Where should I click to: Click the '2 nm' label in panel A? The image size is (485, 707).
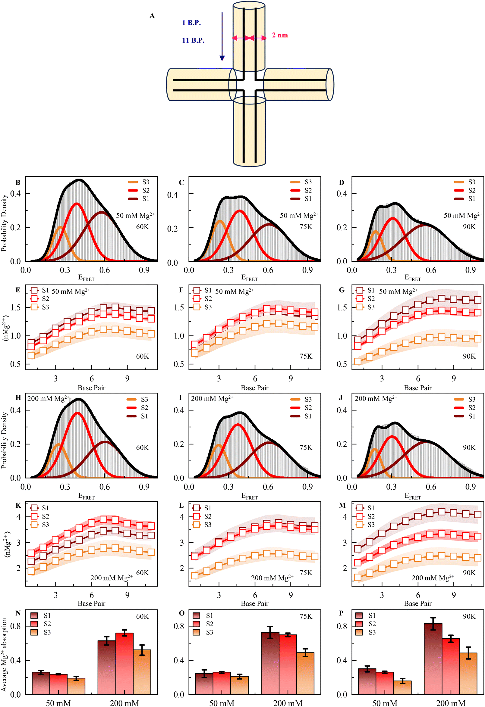tap(280, 35)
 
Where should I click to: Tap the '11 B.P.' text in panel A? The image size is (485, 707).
tap(193, 40)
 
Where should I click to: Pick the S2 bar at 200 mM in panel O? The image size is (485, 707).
tap(288, 665)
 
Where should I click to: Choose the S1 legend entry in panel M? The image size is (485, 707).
tap(365, 508)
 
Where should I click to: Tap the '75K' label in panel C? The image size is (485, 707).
tap(306, 227)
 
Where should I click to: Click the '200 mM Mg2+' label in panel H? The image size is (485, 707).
tap(49, 399)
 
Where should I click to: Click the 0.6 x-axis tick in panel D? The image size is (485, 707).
tap(431, 270)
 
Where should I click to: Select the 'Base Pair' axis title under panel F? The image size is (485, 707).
tap(254, 388)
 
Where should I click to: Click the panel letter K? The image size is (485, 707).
tap(18, 505)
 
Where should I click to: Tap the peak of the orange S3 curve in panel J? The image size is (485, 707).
tap(374, 449)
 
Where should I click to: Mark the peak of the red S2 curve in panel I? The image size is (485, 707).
tap(238, 424)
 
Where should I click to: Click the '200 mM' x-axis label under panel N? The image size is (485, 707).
tap(124, 703)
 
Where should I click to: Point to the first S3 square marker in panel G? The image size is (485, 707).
tap(358, 361)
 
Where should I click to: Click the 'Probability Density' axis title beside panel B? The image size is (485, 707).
tap(4, 223)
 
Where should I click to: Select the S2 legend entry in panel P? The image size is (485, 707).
tap(365, 624)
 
